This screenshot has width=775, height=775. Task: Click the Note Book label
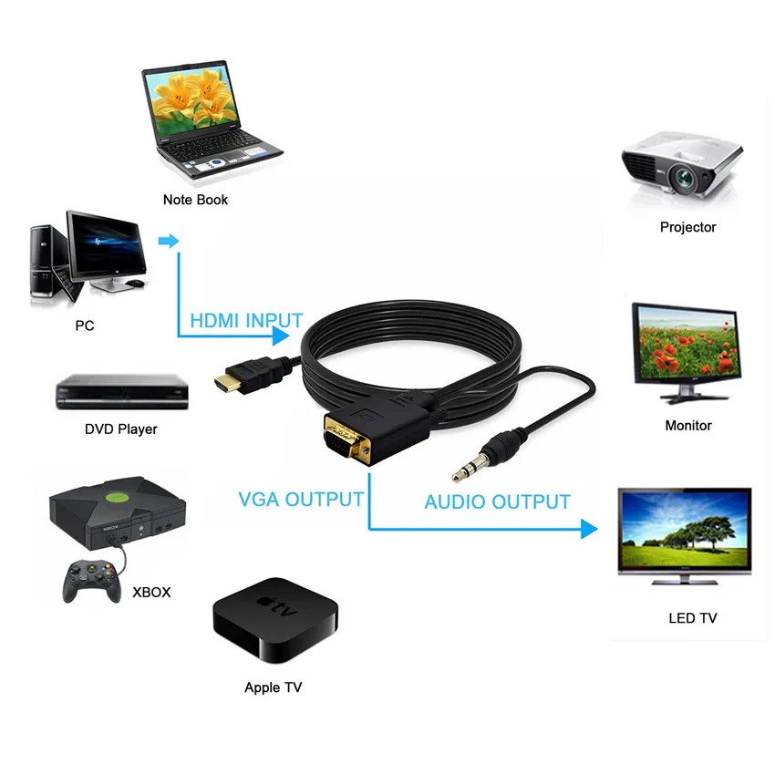click(195, 199)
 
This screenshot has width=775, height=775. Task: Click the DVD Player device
click(123, 393)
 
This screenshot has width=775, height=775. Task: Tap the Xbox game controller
click(91, 580)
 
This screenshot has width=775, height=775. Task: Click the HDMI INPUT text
click(246, 320)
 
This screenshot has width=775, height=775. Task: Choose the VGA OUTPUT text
click(301, 499)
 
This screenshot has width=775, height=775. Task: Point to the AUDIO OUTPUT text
click(497, 501)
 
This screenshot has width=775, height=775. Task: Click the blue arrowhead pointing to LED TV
click(587, 528)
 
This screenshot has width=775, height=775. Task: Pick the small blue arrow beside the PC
click(168, 242)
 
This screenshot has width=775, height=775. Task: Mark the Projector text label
click(687, 227)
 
